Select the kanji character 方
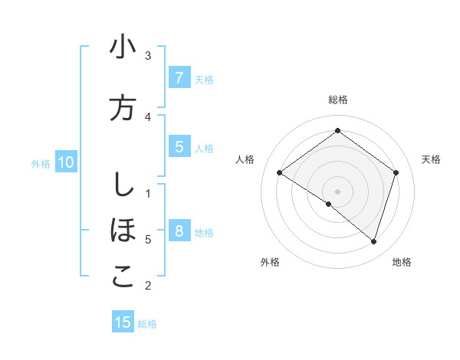point(123,108)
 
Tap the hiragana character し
point(122,185)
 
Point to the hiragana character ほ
point(123,230)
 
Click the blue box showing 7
point(179,77)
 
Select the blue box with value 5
point(179,148)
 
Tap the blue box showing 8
point(179,231)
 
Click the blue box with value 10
point(65,162)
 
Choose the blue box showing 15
point(123,322)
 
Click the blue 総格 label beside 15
point(147,324)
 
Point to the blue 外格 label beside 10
point(41,163)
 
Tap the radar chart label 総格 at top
point(338,100)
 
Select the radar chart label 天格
point(431,159)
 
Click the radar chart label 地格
point(402,262)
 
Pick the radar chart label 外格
point(270,262)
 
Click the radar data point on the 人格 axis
point(280,173)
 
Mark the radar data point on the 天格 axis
point(396,173)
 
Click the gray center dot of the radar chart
point(337,191)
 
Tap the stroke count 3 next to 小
point(148,55)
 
